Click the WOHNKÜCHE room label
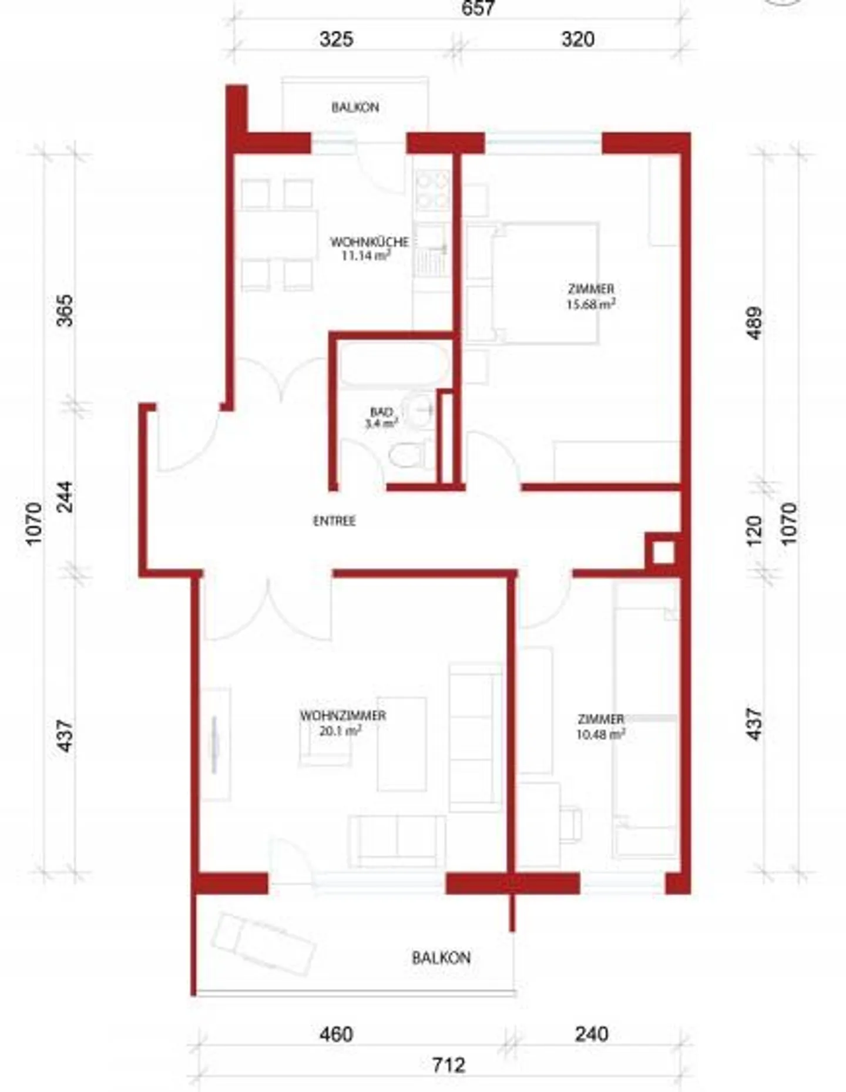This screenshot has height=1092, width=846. (369, 241)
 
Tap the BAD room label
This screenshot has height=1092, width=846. (381, 412)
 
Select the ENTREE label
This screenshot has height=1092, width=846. (334, 521)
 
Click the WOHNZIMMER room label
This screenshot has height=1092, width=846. (343, 715)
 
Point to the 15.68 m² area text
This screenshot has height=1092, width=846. (590, 304)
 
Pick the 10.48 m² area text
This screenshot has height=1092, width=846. (600, 734)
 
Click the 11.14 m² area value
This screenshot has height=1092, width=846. (366, 256)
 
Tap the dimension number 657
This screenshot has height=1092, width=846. (478, 8)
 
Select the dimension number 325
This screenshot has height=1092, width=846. (336, 39)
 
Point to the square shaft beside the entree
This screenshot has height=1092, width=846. (663, 552)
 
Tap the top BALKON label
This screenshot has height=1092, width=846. (355, 107)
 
